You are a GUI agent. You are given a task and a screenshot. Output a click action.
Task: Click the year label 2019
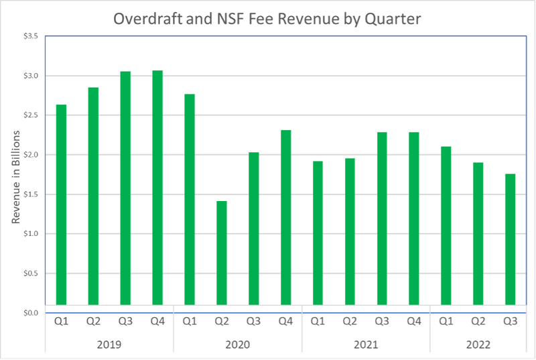tap(109, 345)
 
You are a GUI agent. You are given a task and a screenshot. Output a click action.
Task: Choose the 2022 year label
tap(478, 345)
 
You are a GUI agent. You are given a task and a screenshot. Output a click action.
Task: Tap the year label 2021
tap(366, 345)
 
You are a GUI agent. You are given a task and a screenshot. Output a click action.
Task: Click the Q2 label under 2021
tap(350, 322)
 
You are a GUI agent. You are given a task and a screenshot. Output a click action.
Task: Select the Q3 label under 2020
tap(253, 322)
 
